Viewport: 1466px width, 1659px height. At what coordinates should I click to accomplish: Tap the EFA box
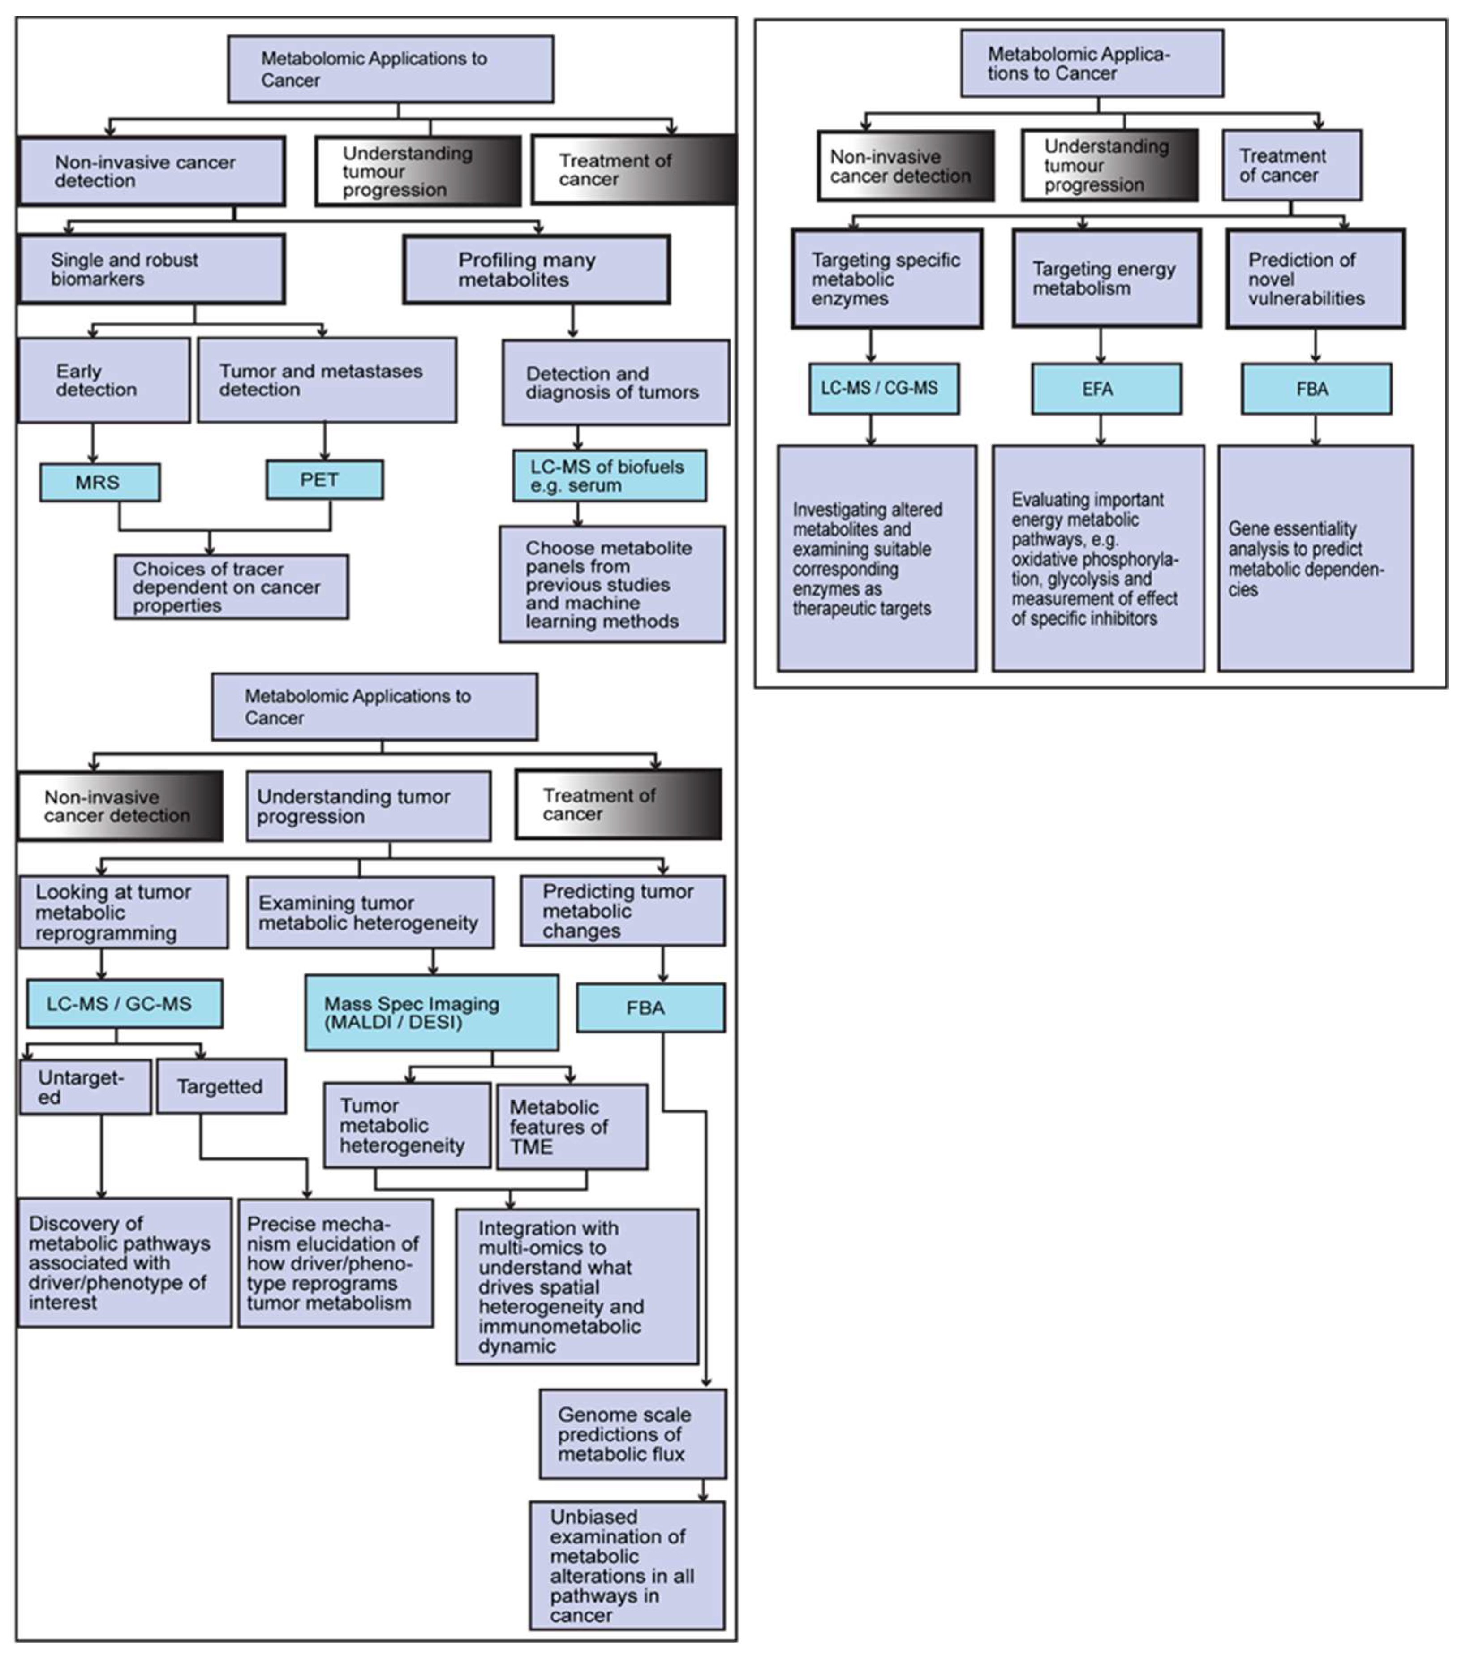[x=1105, y=389]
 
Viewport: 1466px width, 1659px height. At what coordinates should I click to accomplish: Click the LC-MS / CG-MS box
[x=883, y=389]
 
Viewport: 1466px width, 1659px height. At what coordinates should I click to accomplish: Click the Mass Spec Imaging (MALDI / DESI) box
[x=431, y=1013]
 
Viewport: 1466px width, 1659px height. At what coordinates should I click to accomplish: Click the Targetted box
[x=221, y=1087]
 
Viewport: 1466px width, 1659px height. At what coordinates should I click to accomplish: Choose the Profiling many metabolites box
[x=536, y=270]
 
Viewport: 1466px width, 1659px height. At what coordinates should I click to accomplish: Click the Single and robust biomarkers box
[x=152, y=270]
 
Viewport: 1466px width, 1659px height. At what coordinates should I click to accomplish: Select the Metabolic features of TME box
[x=572, y=1127]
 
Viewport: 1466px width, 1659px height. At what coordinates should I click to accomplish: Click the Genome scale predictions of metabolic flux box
[x=632, y=1434]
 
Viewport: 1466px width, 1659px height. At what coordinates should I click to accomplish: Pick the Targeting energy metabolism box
[x=1105, y=279]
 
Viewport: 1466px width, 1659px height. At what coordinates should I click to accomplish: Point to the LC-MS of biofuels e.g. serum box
[x=609, y=476]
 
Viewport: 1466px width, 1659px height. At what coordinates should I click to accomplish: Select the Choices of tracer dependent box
[x=232, y=587]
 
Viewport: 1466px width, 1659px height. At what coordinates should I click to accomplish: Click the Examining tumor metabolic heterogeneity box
[x=370, y=912]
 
